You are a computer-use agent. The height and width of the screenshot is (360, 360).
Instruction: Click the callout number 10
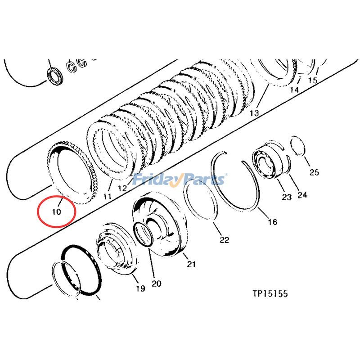57,211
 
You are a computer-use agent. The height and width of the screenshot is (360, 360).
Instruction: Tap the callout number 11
108,196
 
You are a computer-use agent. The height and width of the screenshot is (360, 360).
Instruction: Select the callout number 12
122,188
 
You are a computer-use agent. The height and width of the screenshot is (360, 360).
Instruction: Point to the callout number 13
254,113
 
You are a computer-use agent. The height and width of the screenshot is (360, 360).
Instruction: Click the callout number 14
294,89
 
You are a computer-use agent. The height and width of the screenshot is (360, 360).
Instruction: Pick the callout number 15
312,80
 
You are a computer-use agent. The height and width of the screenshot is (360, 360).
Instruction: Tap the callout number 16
273,222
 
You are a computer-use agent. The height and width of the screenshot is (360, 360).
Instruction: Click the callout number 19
140,288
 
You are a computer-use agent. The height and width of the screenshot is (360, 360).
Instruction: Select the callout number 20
156,283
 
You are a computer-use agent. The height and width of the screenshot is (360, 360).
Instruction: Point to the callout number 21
191,264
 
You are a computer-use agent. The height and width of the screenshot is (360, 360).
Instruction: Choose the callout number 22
224,240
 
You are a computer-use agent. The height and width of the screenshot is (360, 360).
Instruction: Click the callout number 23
287,197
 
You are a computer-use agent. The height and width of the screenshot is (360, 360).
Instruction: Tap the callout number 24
302,195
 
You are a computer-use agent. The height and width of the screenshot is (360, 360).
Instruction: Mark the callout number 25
314,172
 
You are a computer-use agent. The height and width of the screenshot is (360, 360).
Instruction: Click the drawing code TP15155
270,293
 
